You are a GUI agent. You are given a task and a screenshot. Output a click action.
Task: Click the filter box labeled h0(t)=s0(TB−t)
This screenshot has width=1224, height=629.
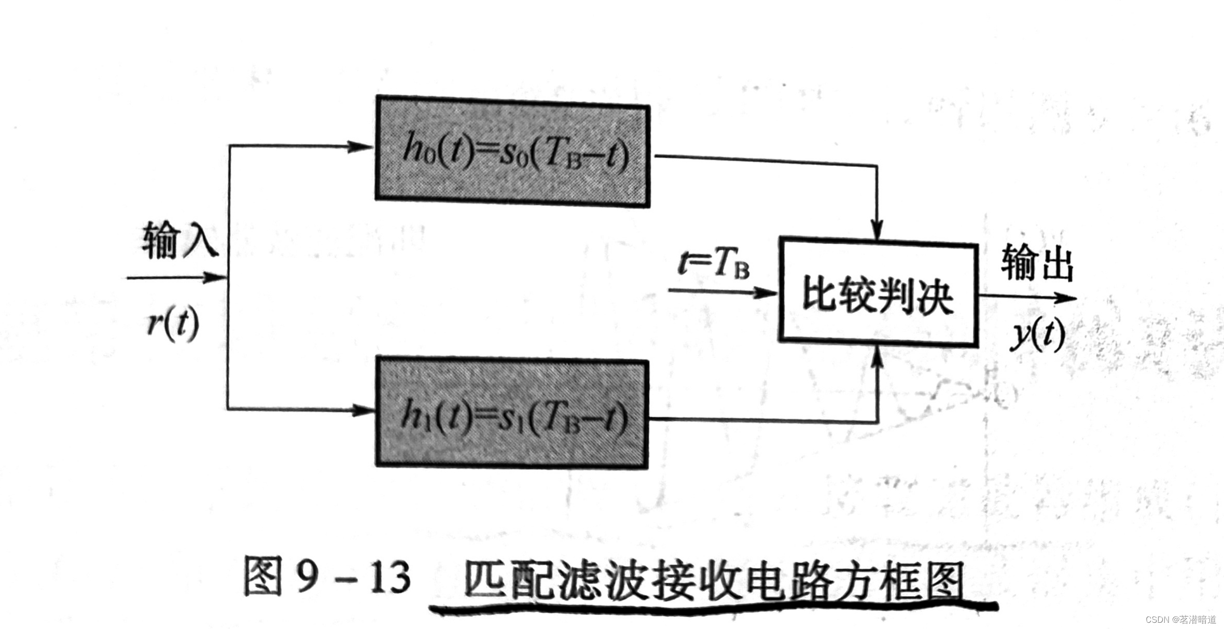pyautogui.click(x=512, y=151)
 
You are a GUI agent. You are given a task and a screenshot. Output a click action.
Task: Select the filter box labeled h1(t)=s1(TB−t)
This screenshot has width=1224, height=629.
pyautogui.click(x=512, y=413)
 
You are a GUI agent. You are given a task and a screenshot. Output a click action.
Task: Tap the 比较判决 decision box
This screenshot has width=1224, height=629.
pyautogui.click(x=879, y=292)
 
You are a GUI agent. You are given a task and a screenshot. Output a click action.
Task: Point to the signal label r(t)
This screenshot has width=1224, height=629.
pyautogui.click(x=173, y=324)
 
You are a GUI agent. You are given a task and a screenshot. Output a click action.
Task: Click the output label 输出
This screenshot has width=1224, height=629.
pyautogui.click(x=1036, y=262)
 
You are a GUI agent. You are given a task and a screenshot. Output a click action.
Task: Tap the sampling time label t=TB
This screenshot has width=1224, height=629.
pyautogui.click(x=714, y=263)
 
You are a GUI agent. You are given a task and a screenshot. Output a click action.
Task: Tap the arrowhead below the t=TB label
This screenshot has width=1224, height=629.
pyautogui.click(x=765, y=292)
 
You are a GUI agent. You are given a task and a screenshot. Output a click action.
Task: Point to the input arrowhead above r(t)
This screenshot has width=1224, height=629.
pyautogui.click(x=214, y=277)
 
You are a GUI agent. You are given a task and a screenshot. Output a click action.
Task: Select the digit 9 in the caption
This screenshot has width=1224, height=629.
pyautogui.click(x=307, y=577)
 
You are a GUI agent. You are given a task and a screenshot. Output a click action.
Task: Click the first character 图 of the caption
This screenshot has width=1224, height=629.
pyautogui.click(x=262, y=577)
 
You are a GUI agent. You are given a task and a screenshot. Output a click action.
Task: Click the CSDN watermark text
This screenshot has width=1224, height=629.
pyautogui.click(x=1180, y=620)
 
